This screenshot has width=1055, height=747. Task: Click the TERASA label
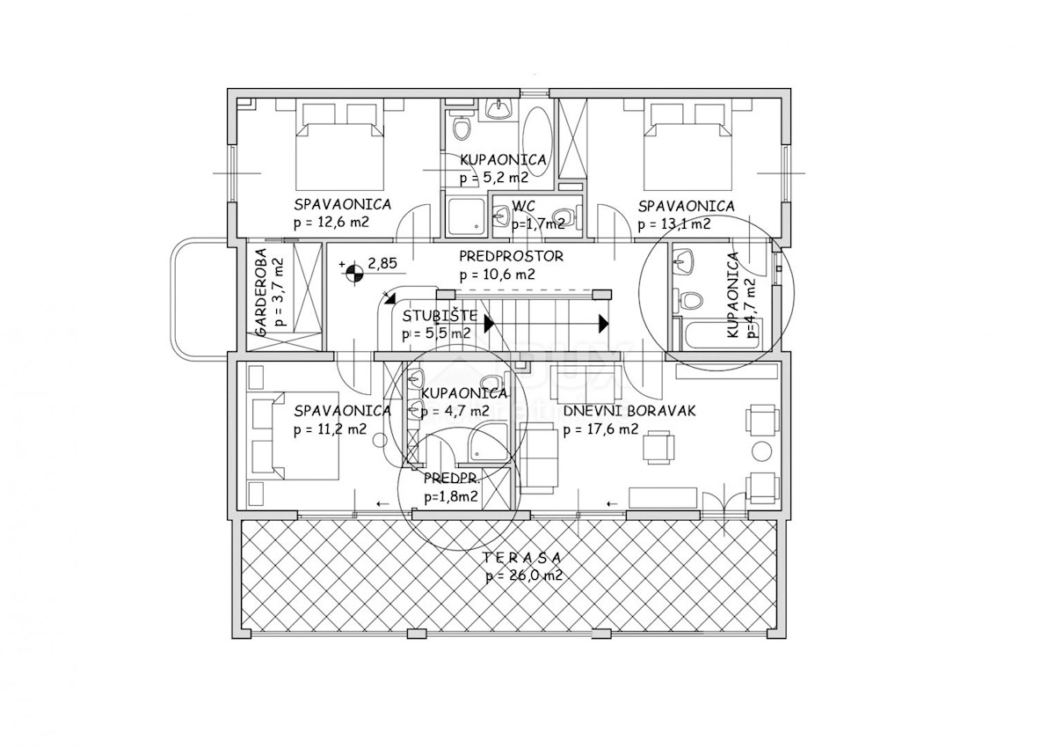[x=521, y=558]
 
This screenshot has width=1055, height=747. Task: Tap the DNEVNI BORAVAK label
[x=629, y=411]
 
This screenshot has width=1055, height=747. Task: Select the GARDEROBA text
[x=261, y=292]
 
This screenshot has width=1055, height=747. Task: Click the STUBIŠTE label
[x=440, y=316]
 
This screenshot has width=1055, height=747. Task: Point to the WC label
[x=523, y=206]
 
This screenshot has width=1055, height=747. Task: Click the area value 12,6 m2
[x=338, y=223]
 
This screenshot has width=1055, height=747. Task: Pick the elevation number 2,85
[x=382, y=263]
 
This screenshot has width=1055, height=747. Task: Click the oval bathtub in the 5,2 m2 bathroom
[x=537, y=136]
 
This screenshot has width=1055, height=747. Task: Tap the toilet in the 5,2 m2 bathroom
[x=461, y=128]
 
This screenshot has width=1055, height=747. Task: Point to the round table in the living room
[x=761, y=451]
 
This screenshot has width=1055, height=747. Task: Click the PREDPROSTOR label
[x=511, y=256]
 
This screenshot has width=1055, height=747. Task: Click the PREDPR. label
[x=452, y=479]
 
